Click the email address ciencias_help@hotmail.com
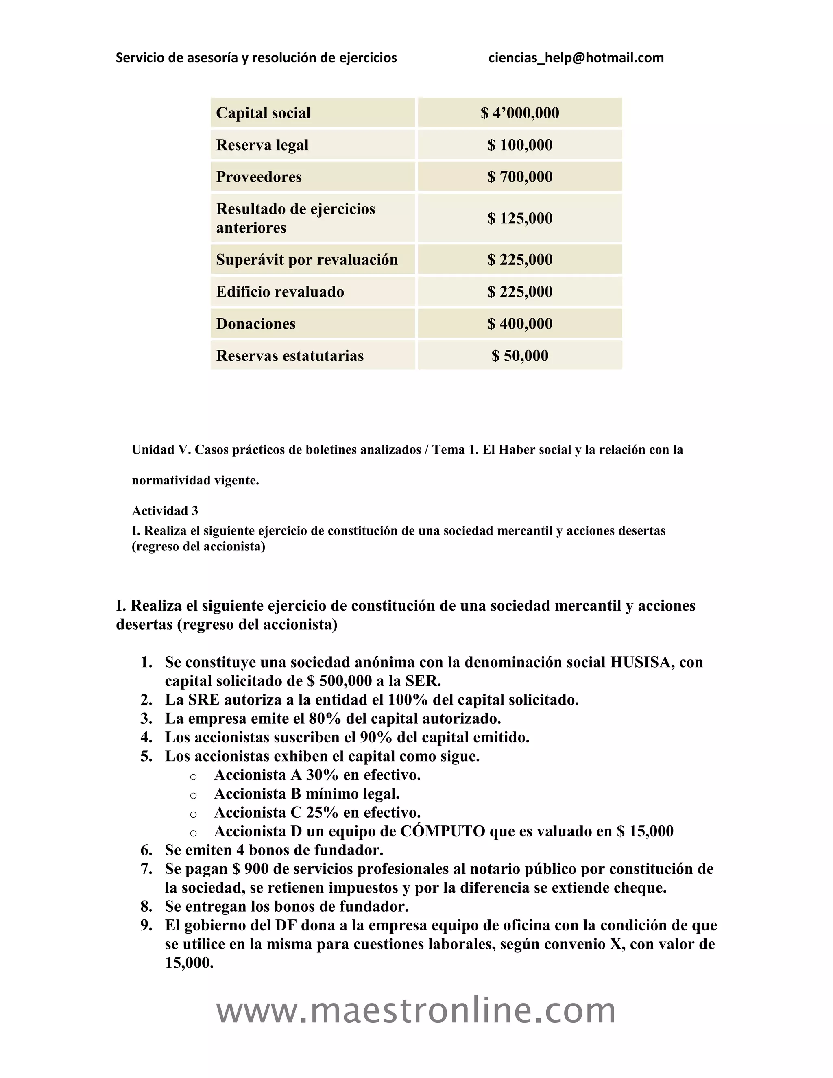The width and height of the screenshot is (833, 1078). coord(576,58)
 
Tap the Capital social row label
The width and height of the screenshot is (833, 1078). coord(263,113)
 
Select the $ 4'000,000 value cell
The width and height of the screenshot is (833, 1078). coord(520,113)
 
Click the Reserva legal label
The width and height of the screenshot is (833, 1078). coord(262,145)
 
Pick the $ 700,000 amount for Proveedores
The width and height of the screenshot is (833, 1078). coord(520,177)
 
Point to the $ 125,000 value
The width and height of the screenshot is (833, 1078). coord(520,218)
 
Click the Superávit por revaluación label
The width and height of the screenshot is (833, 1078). coord(306,260)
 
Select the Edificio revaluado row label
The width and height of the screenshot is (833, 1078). coord(280,292)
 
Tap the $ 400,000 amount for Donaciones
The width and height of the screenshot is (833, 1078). coord(520,324)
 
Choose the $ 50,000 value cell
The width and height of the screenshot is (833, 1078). coord(520,356)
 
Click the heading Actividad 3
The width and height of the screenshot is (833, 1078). coord(165,511)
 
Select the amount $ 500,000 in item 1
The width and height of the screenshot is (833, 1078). coord(339,681)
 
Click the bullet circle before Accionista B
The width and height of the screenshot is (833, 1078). coord(194,796)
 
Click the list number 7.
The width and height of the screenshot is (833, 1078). coord(146,869)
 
